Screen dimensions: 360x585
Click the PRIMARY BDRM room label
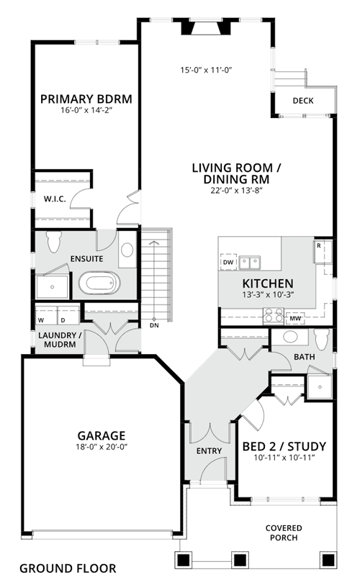(x=86, y=99)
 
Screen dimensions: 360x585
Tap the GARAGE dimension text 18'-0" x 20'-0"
(x=102, y=447)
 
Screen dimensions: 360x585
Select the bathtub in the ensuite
(x=99, y=284)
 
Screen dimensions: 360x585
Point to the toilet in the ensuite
(x=54, y=241)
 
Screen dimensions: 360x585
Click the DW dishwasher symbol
(x=228, y=262)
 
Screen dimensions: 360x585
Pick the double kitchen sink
(x=250, y=263)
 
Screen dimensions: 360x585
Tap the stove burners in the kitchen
(x=274, y=315)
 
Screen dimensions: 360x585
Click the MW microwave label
(x=295, y=319)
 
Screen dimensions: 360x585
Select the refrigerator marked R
(x=323, y=251)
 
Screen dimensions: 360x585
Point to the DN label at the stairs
(x=154, y=325)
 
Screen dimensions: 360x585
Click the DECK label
(x=303, y=101)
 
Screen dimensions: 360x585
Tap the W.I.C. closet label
(x=55, y=199)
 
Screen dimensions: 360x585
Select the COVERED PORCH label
(x=284, y=532)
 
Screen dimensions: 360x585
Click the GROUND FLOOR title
(x=68, y=568)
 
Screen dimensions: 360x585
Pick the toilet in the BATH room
(x=321, y=339)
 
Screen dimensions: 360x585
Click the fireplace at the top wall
(x=206, y=27)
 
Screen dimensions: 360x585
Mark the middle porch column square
(x=239, y=560)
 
